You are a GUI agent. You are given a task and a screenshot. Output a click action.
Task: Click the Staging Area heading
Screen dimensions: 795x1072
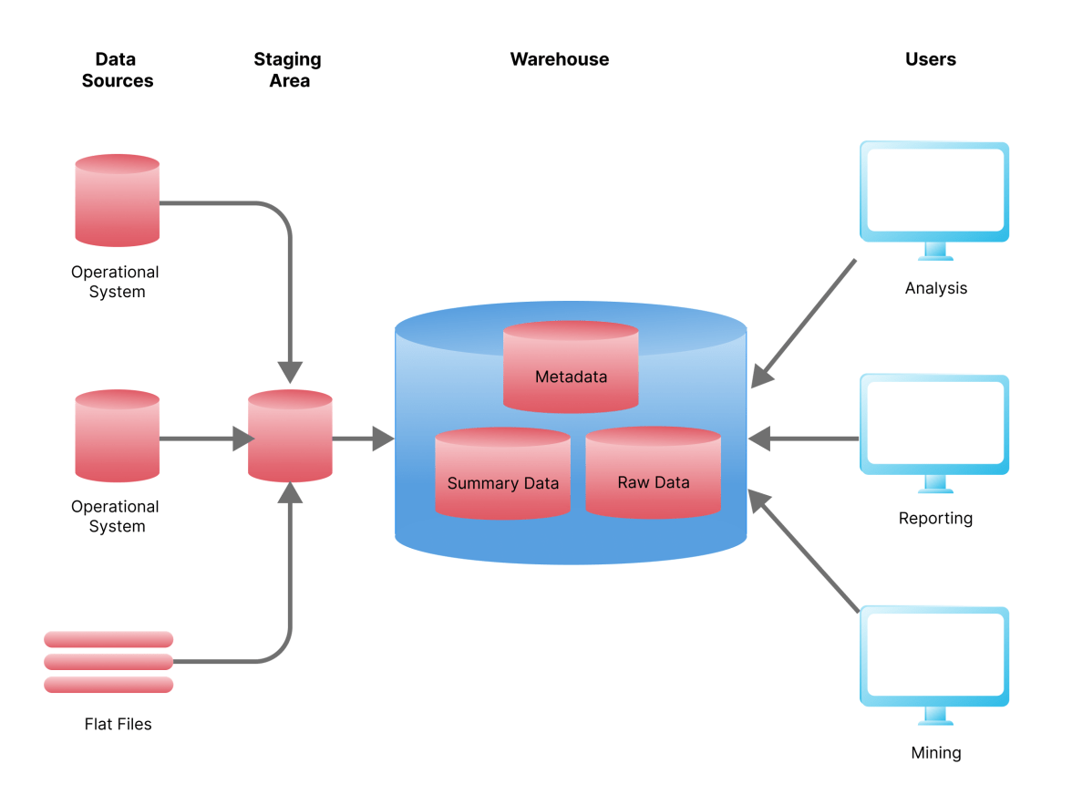pos(287,70)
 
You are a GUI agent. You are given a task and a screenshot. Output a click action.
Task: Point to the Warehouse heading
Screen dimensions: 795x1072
pos(559,59)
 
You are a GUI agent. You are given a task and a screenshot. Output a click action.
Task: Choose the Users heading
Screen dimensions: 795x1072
pos(930,59)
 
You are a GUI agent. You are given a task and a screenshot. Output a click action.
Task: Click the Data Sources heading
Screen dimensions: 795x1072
pos(117,70)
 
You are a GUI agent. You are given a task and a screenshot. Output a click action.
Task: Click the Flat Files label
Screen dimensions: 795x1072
pos(118,724)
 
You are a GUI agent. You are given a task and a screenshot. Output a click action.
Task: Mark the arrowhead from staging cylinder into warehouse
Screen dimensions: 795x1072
pos(384,439)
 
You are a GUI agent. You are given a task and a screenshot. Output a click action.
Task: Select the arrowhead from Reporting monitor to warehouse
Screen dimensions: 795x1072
pos(760,439)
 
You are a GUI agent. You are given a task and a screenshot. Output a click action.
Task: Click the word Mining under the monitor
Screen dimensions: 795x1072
pos(935,753)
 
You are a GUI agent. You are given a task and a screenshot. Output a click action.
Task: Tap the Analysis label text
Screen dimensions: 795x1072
pos(935,288)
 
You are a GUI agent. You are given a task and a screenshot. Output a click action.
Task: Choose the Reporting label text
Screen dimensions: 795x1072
pos(935,518)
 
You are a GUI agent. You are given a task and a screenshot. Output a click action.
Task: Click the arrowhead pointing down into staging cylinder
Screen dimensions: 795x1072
pos(290,372)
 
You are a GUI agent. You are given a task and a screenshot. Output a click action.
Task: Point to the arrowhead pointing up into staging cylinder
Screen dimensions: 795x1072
pos(290,492)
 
